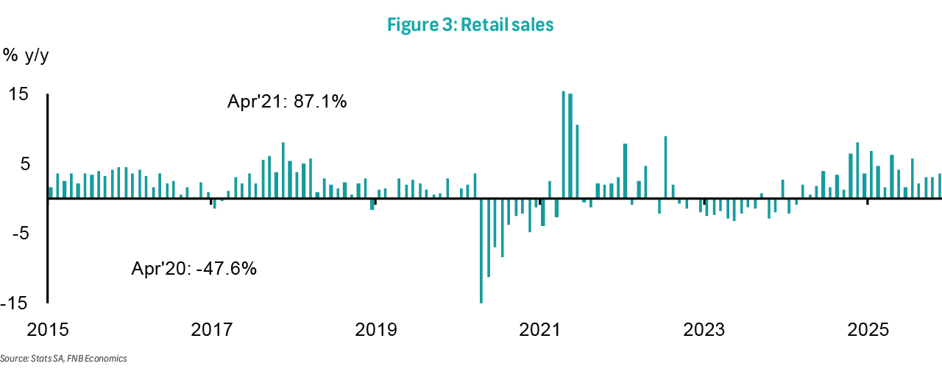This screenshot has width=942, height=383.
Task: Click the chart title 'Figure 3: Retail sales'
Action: (470, 25)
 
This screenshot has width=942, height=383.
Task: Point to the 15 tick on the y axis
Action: (18, 95)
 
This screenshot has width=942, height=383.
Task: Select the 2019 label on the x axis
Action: (376, 328)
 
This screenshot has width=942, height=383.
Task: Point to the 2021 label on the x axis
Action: (540, 328)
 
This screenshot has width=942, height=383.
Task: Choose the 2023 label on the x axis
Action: (704, 328)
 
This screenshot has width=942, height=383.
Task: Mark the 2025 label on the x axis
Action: (869, 328)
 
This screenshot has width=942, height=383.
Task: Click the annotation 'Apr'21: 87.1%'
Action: (287, 102)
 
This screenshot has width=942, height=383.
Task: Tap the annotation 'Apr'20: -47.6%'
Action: (194, 268)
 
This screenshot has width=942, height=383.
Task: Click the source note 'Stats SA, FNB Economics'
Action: (63, 359)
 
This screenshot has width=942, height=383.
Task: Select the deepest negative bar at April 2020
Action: (481, 250)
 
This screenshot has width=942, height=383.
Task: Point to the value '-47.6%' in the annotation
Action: (225, 268)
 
